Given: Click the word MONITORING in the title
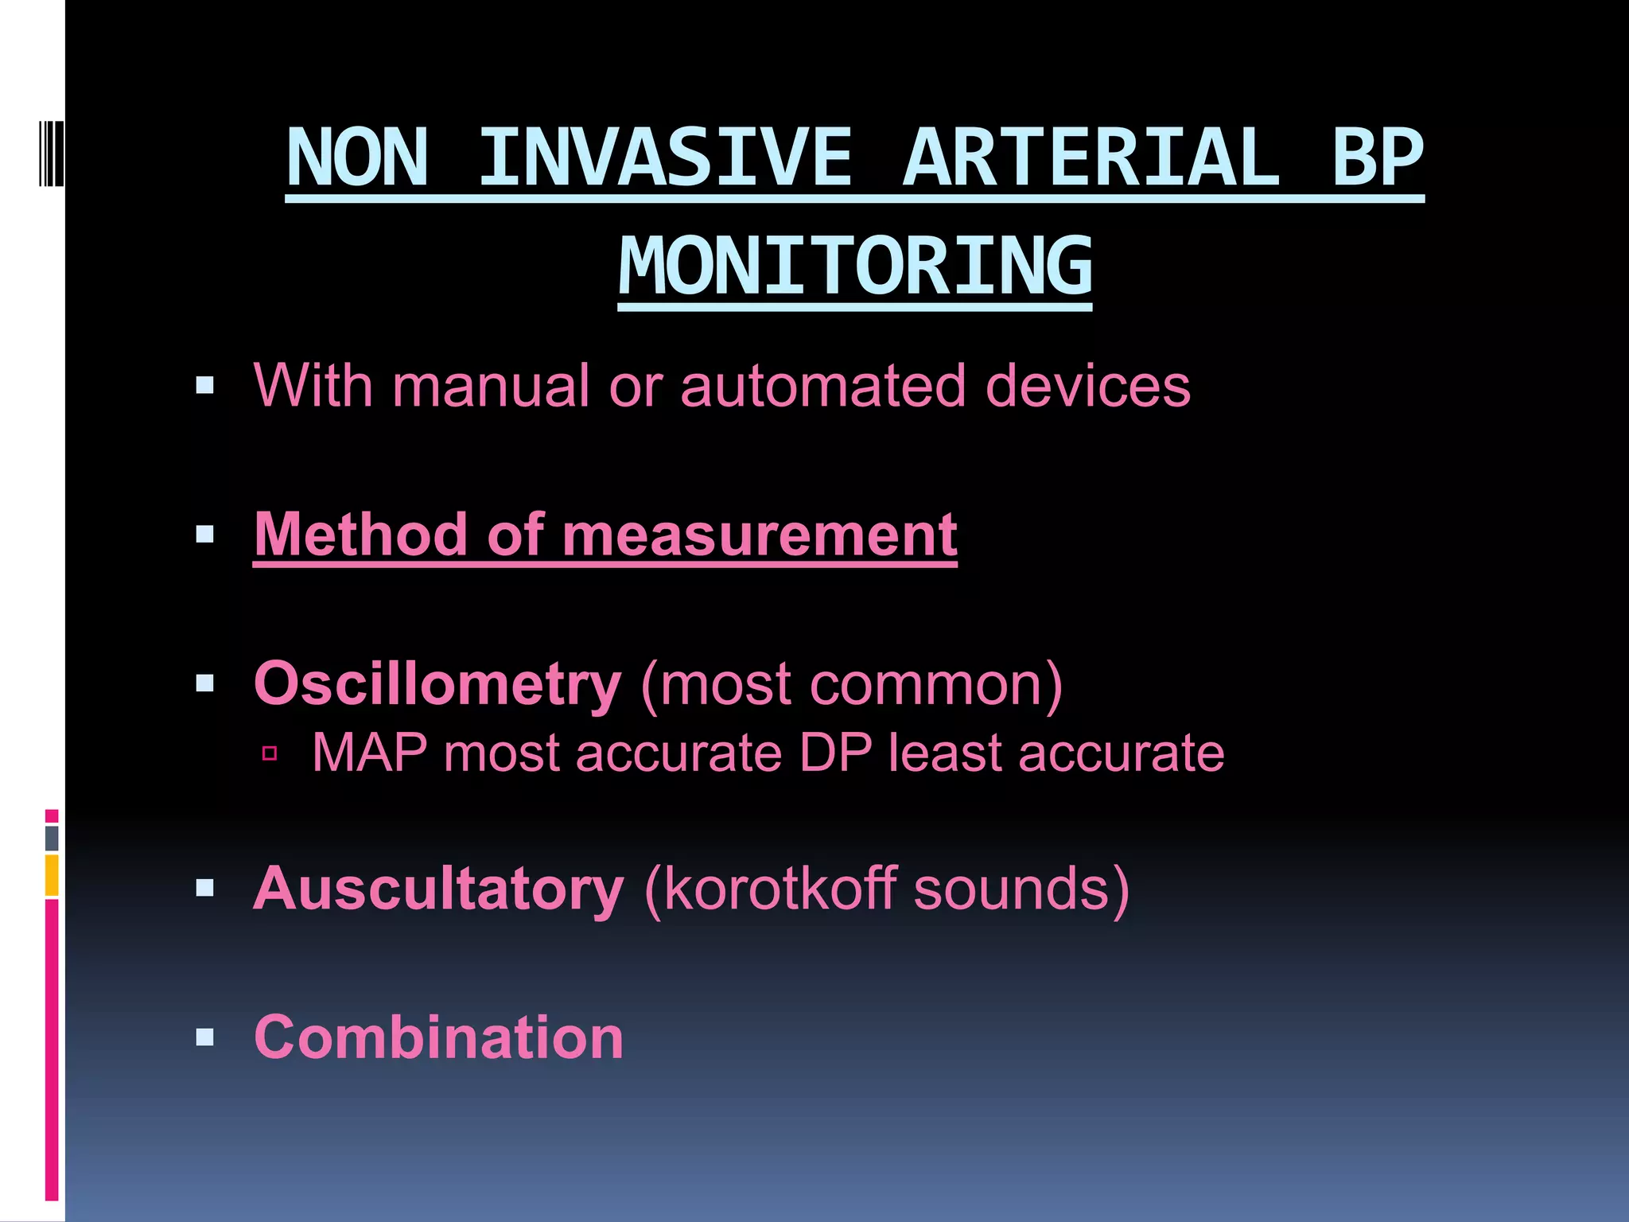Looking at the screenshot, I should click(x=855, y=267).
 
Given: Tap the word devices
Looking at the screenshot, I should click(x=1087, y=386).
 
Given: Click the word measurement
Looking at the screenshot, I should click(x=760, y=535).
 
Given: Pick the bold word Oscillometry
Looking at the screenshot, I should click(x=437, y=684).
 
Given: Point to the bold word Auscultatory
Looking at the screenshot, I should click(x=438, y=889).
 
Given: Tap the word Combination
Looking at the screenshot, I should click(x=438, y=1037).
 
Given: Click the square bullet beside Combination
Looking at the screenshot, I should click(x=205, y=1037).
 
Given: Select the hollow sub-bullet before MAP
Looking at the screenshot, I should click(x=270, y=753).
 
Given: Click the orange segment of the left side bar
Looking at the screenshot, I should click(x=52, y=875).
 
